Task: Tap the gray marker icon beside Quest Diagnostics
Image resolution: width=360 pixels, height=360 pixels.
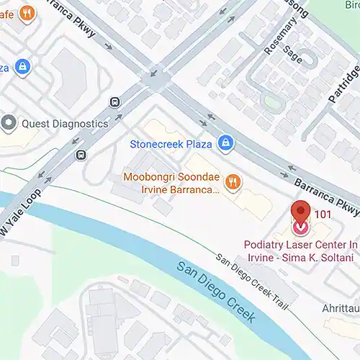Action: point(9,122)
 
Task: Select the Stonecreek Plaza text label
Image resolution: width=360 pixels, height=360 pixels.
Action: point(171,143)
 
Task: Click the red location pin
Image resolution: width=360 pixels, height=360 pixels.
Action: point(300,212)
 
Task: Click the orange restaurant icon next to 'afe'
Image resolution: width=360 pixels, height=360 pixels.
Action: point(27,12)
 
